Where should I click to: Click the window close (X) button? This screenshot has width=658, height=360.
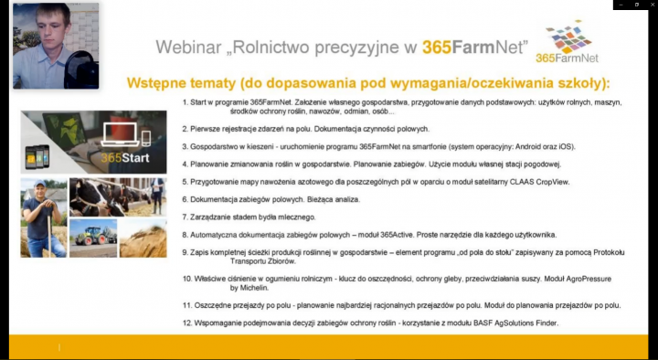point(649,5)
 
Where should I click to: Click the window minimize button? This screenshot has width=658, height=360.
point(616,5)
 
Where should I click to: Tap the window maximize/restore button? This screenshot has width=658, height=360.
point(632,5)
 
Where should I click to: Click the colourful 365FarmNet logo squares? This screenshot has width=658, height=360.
point(568,39)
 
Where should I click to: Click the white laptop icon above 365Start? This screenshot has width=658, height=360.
point(119,132)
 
